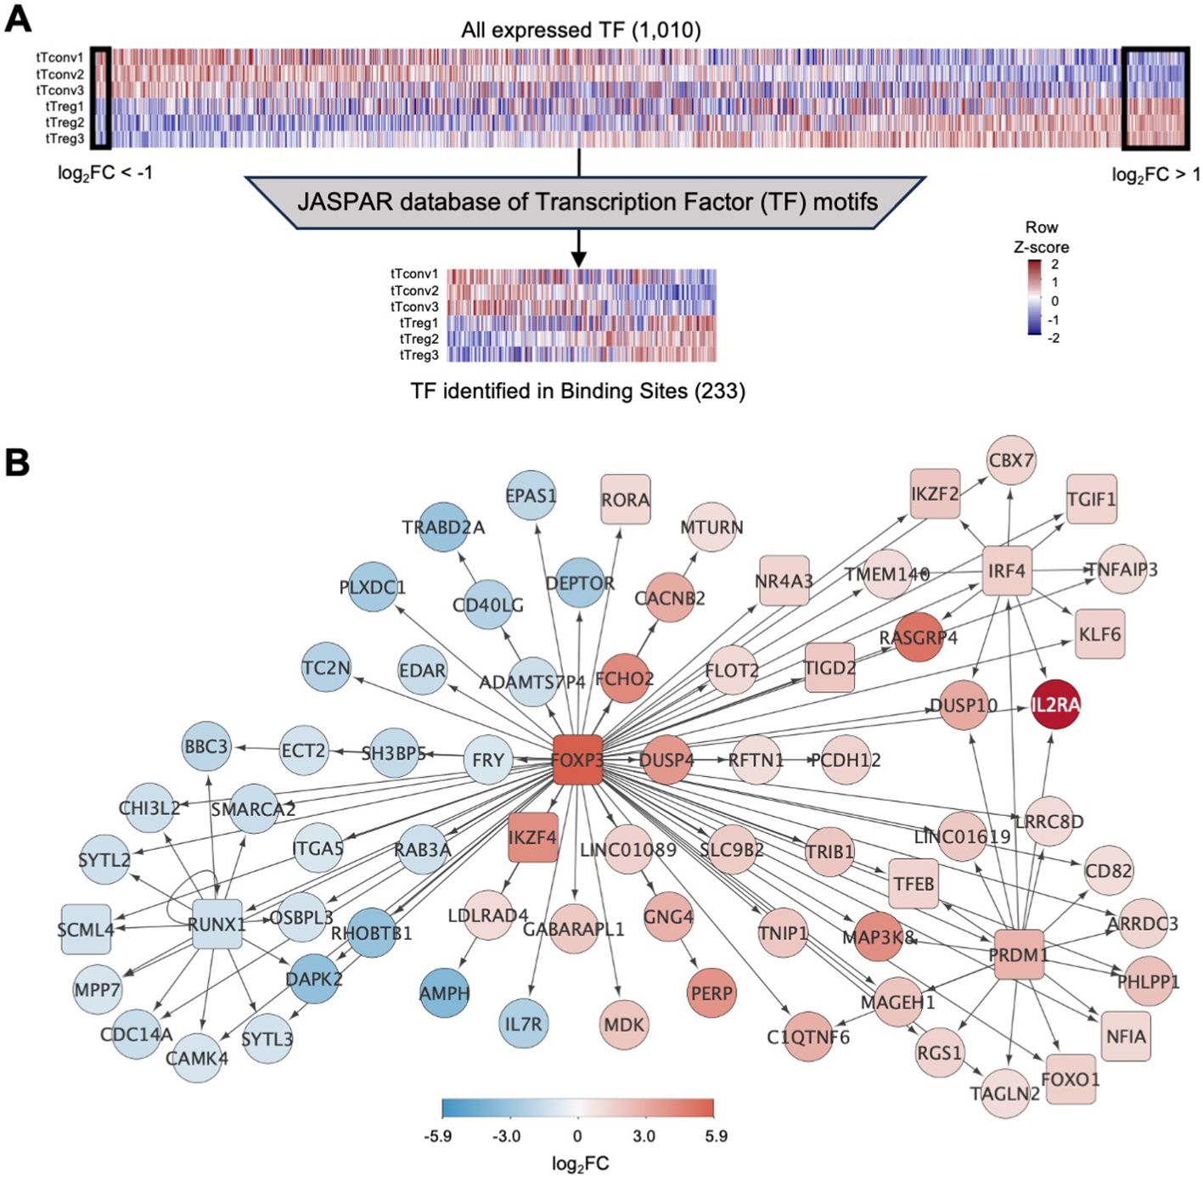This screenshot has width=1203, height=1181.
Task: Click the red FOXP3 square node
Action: (x=577, y=759)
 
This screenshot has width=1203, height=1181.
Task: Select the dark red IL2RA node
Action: (x=1055, y=705)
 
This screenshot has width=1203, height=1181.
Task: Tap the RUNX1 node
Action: (x=216, y=924)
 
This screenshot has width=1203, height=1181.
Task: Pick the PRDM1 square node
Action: (x=1019, y=954)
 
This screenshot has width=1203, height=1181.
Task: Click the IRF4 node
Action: (x=1007, y=571)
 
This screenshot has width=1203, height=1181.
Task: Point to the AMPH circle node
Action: (x=444, y=993)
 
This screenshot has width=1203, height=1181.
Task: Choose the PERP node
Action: (x=711, y=993)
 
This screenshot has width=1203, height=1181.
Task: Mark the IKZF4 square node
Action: (x=532, y=837)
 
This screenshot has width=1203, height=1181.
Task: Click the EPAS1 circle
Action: (x=531, y=495)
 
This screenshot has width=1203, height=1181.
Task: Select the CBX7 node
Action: (x=1011, y=460)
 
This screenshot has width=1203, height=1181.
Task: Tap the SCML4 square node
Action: (x=86, y=930)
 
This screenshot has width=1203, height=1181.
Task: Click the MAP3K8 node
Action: (x=878, y=937)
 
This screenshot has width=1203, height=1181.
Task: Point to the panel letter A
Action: (x=18, y=19)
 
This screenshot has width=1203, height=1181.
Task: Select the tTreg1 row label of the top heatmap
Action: (x=65, y=107)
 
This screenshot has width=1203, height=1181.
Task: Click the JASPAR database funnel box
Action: (x=586, y=202)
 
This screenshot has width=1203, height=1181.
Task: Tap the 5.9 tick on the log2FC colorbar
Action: (x=716, y=1136)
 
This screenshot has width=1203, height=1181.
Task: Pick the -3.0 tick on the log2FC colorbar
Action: (x=507, y=1136)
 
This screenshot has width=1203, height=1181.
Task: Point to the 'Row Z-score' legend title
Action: (x=1041, y=237)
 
